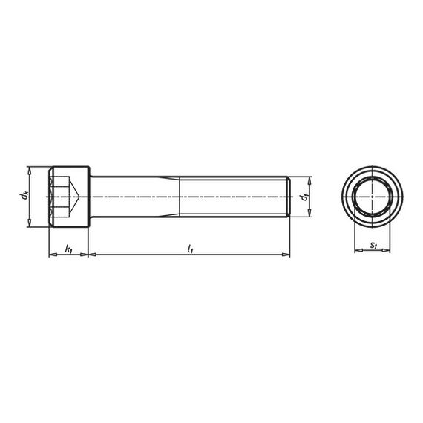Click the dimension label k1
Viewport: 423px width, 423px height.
pos(68,249)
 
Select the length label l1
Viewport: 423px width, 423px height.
pos(190,249)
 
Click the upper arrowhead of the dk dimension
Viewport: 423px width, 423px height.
pos(28,170)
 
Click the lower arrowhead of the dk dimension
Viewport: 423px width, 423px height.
pos(28,225)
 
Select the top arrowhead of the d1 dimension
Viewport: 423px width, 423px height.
pos(308,180)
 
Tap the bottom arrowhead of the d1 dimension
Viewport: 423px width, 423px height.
pos(308,214)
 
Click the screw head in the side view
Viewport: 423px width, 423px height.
pos(69,197)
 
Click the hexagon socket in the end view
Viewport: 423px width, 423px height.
pos(372,197)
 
